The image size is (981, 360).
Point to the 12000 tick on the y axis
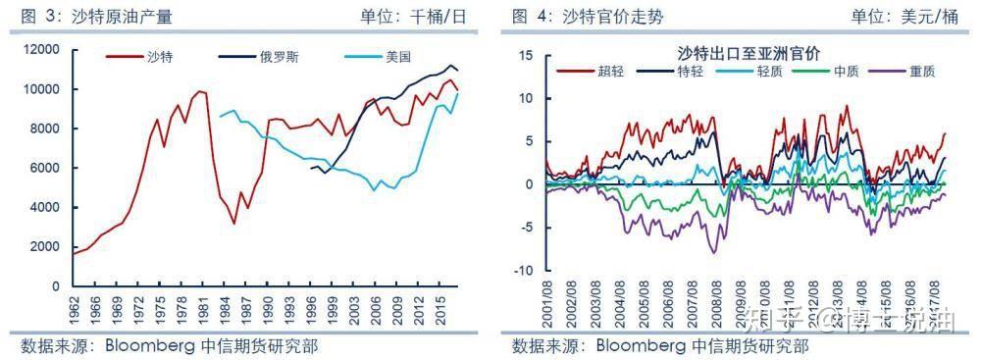(44, 50)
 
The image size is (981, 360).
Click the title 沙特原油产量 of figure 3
(117, 16)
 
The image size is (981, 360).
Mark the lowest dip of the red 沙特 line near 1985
(233, 224)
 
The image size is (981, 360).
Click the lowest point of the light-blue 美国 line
(374, 190)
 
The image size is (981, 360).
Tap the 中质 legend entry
(846, 71)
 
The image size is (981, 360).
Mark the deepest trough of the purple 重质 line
(714, 252)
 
